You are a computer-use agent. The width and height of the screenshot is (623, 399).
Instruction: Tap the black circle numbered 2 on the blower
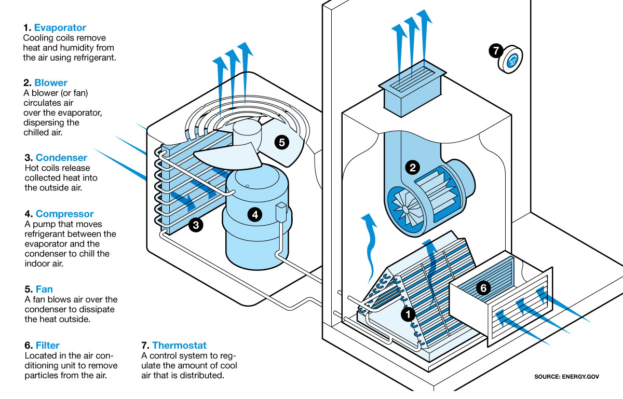(x=413, y=168)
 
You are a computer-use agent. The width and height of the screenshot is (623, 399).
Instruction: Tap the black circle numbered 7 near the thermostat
(x=496, y=51)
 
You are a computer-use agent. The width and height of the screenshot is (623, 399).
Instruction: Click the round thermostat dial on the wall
(x=511, y=60)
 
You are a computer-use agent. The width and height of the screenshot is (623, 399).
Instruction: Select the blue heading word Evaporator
(x=60, y=28)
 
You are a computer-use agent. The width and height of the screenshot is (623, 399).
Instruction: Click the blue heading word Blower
(x=51, y=83)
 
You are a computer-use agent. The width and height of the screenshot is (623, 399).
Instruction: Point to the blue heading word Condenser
(x=61, y=158)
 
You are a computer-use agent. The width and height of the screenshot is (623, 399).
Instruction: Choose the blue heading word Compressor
(x=64, y=214)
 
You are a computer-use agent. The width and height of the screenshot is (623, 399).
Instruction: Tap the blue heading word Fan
(x=44, y=289)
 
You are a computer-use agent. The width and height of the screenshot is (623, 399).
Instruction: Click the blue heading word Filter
(x=48, y=345)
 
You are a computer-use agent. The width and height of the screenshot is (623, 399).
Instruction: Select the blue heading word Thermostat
(x=179, y=345)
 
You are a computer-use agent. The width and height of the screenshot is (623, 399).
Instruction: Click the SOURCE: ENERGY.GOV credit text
(x=566, y=377)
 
